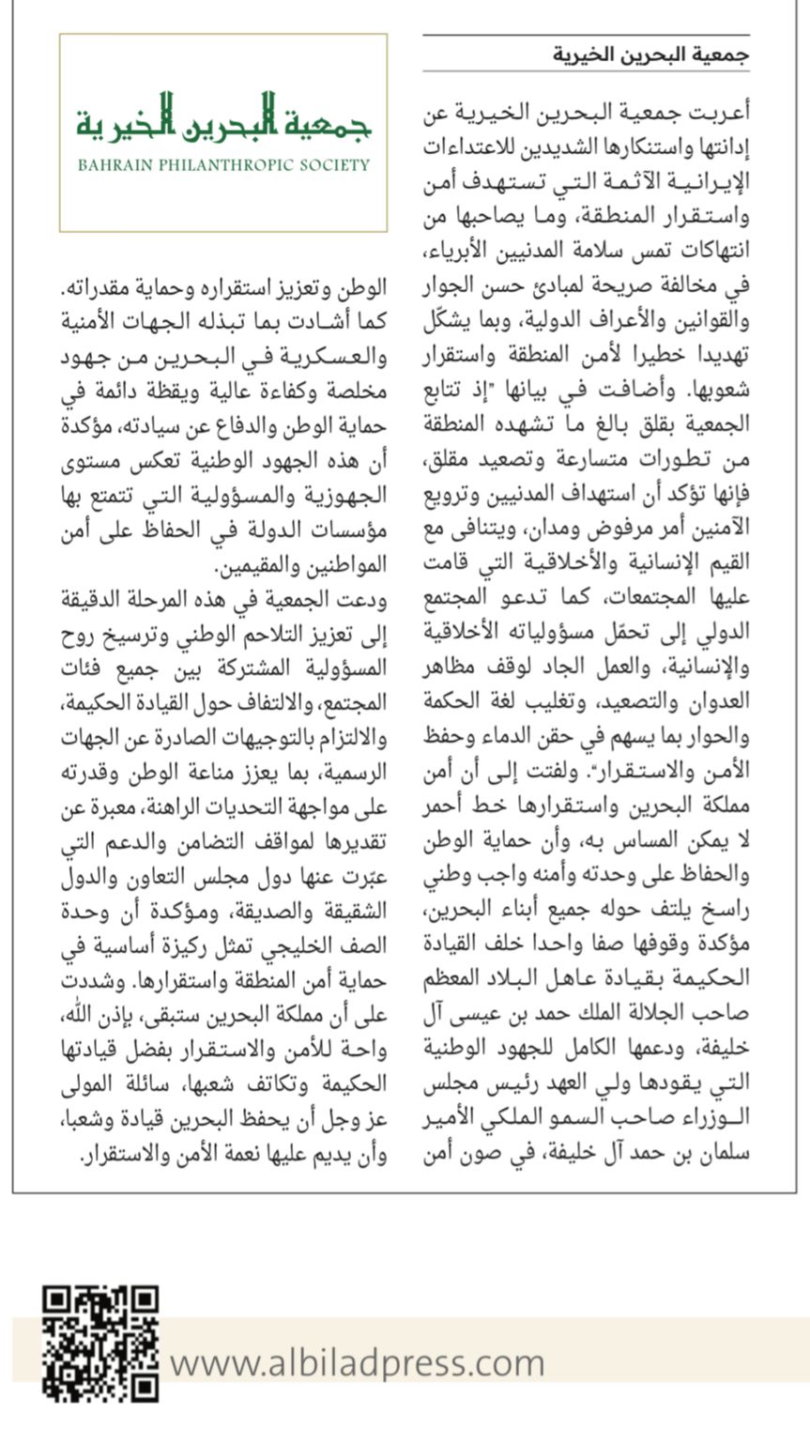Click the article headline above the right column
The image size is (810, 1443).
pos(650,55)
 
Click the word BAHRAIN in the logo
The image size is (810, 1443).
pos(112,165)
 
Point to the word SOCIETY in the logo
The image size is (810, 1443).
pos(335,165)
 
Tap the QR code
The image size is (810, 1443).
pos(99,1343)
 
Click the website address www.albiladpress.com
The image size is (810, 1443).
pos(358,1361)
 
